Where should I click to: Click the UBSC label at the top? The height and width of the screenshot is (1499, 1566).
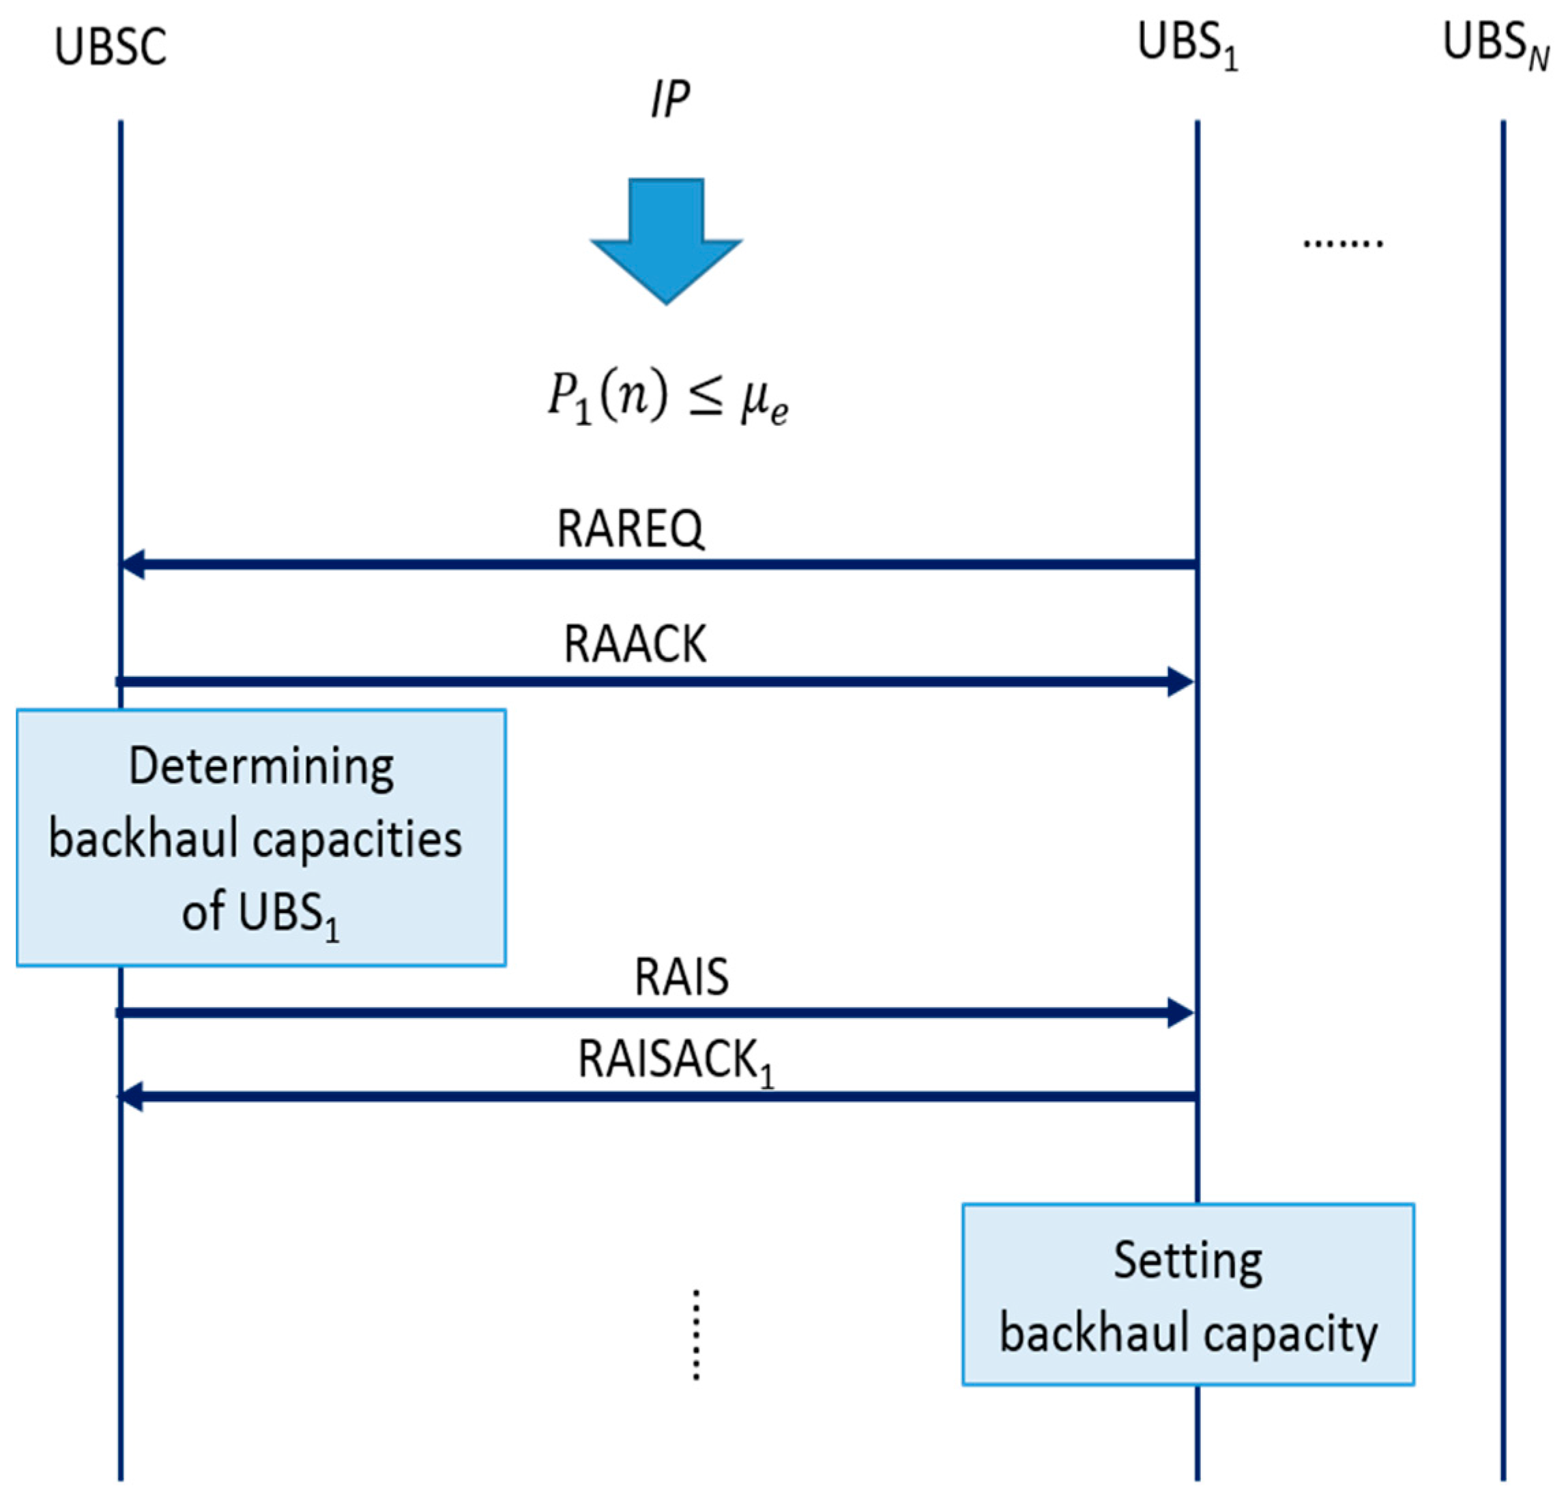[x=111, y=47]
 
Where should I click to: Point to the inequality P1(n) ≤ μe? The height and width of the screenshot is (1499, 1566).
[x=668, y=397]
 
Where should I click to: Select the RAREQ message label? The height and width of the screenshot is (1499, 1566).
[x=630, y=529]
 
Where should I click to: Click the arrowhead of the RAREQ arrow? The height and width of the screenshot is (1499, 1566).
[x=132, y=564]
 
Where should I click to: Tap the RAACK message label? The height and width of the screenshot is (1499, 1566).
[x=635, y=644]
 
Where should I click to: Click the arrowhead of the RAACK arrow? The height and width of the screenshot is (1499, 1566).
[x=1180, y=682]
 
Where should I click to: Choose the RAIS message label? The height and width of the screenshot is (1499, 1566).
[x=682, y=976]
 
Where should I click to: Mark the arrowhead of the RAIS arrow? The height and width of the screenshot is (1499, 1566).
[x=1180, y=1013]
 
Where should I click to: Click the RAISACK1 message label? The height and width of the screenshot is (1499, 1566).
[x=675, y=1061]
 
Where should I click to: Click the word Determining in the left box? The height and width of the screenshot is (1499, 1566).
[x=261, y=767]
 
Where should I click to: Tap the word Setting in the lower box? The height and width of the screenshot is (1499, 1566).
[x=1188, y=1261]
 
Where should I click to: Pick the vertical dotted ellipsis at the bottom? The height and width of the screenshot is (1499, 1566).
[x=696, y=1335]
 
